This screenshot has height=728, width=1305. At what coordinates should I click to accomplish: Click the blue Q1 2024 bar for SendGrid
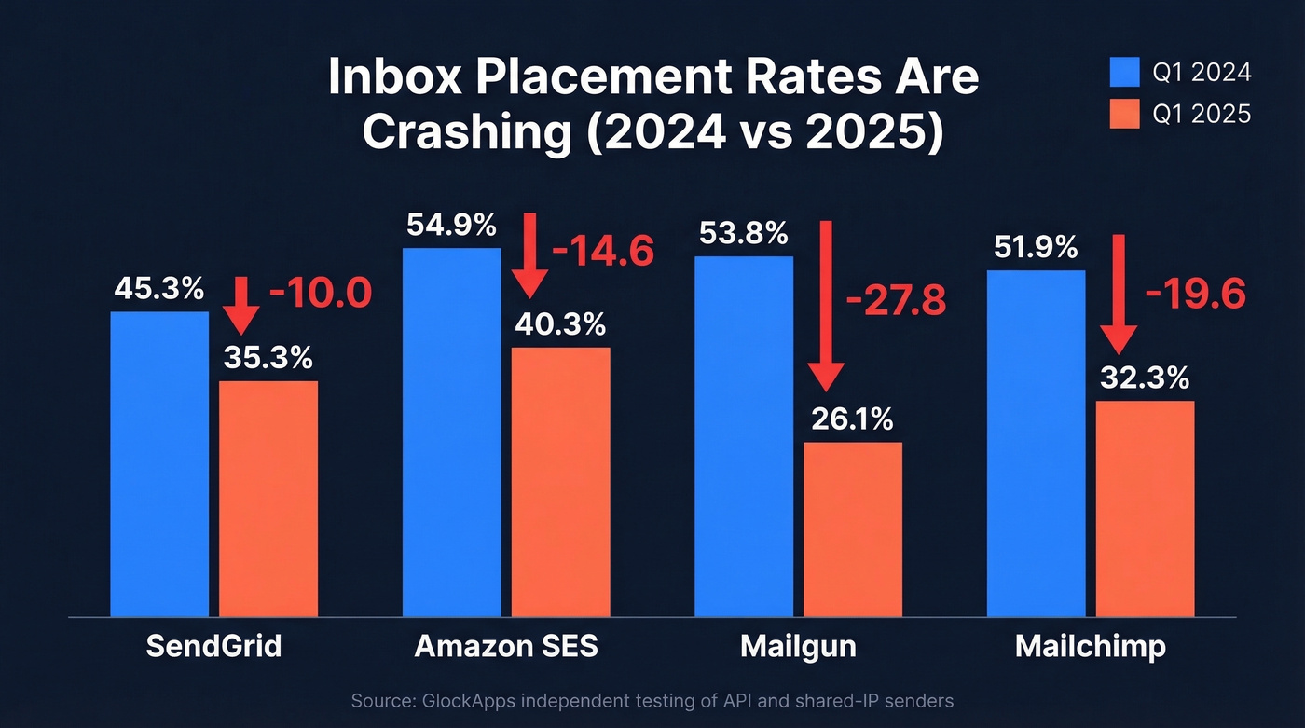click(x=159, y=463)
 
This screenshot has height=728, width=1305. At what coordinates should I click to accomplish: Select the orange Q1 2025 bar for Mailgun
click(x=852, y=529)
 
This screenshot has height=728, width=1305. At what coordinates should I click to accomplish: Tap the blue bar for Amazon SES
click(x=451, y=432)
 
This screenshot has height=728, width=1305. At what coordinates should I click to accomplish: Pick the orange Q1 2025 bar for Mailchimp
click(x=1144, y=508)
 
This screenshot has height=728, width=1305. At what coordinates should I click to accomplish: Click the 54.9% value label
click(x=451, y=226)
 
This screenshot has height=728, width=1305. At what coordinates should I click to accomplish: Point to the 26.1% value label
click(x=852, y=420)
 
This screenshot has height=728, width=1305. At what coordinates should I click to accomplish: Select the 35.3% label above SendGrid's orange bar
click(x=268, y=358)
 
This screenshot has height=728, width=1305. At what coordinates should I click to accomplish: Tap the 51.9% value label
click(x=1035, y=248)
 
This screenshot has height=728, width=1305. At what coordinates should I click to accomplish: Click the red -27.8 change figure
click(x=895, y=301)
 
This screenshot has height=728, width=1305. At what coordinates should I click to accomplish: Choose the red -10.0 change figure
click(x=320, y=294)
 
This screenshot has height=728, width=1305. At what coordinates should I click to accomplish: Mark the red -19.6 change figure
click(x=1195, y=294)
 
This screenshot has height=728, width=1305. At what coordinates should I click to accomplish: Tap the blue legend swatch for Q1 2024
click(x=1124, y=72)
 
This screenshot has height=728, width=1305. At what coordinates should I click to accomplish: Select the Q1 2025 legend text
click(x=1202, y=114)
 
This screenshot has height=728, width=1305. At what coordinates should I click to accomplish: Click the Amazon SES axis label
click(x=505, y=646)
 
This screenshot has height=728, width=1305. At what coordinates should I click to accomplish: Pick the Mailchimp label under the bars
click(x=1090, y=646)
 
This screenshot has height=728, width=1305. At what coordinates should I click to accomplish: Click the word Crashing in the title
click(x=466, y=133)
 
